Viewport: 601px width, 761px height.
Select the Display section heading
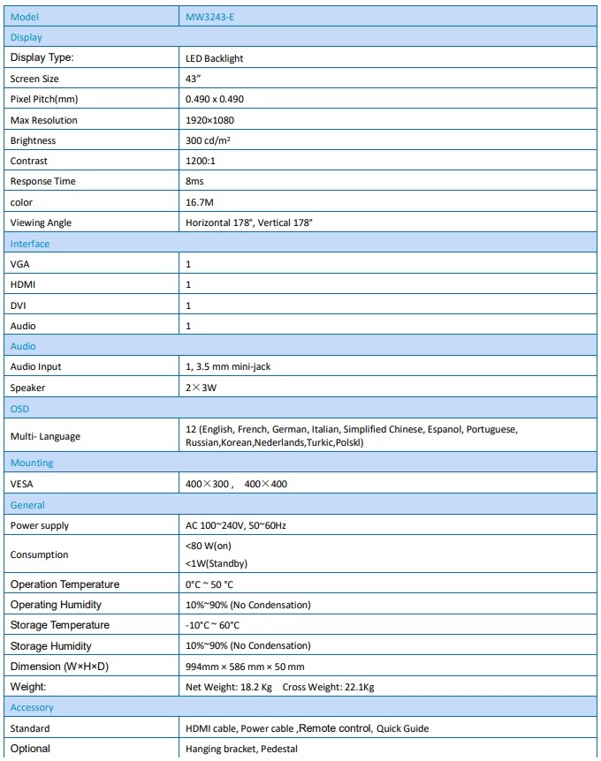click(x=27, y=37)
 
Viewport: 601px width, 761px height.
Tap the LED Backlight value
click(x=214, y=58)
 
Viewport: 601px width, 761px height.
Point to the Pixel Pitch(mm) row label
click(x=44, y=99)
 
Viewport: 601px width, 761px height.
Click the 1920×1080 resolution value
click(x=209, y=120)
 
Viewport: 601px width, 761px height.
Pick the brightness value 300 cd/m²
click(x=209, y=140)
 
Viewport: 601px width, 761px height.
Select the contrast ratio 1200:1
click(x=202, y=161)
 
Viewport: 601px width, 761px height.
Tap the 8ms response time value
click(x=194, y=181)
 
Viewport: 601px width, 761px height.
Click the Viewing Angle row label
click(x=41, y=222)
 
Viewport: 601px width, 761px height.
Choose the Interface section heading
click(x=30, y=244)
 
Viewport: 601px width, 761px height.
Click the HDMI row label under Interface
click(x=23, y=284)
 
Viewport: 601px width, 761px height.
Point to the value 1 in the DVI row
click(x=188, y=305)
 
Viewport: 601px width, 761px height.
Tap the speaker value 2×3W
click(x=202, y=388)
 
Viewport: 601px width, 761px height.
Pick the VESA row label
click(x=23, y=484)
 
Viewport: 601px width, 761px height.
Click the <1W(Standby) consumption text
click(x=217, y=563)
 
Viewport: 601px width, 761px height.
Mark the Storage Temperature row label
click(x=60, y=625)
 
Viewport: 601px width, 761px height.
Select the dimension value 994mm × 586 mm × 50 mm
click(x=245, y=667)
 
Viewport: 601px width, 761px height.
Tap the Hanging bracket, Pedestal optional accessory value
click(x=241, y=749)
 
